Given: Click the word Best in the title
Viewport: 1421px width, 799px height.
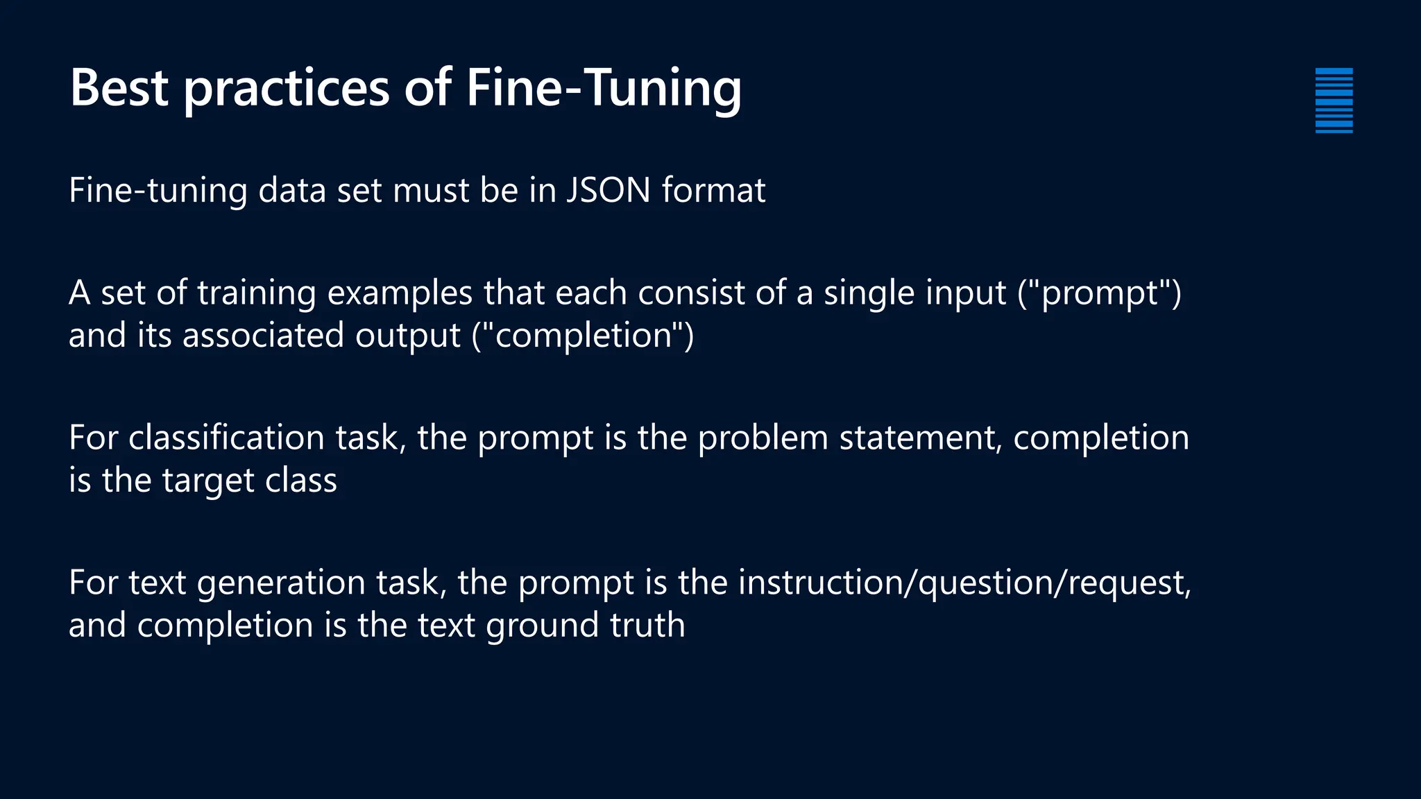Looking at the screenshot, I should [119, 88].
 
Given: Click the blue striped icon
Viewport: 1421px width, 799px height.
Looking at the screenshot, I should [1334, 101].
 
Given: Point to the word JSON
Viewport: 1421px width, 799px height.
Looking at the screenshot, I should [608, 190].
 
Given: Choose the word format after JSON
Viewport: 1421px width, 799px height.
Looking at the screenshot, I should [713, 190].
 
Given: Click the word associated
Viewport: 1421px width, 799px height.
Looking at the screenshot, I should [263, 336].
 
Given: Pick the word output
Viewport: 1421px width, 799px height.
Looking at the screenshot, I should [407, 336].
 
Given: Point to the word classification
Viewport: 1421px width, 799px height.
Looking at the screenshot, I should [226, 438].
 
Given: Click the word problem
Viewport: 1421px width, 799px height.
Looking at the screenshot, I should [763, 438].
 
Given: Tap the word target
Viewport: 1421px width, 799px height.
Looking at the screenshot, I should [207, 481].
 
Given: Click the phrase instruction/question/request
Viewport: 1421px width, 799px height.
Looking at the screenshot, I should [964, 583].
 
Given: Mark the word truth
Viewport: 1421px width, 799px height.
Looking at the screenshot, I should [647, 625].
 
